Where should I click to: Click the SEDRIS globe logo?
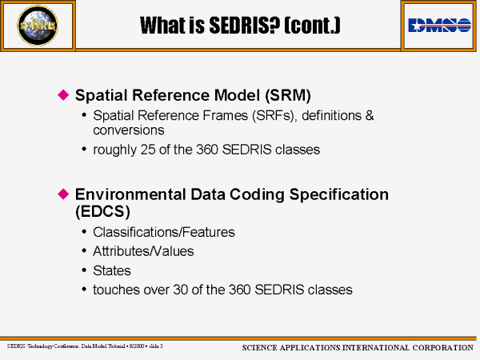tap(38, 26)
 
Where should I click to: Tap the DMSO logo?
tap(439, 25)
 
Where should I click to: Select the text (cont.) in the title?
tap(312, 25)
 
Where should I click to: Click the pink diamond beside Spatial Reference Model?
tap(63, 94)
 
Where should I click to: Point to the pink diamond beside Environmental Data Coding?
tap(63, 194)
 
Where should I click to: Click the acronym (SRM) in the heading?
tap(288, 95)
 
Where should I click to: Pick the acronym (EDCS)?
tap(102, 211)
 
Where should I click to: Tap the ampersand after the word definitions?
tap(370, 116)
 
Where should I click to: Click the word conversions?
tap(129, 130)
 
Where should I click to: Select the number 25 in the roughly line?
tap(148, 150)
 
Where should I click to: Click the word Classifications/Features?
tap(164, 232)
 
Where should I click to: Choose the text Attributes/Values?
tap(143, 251)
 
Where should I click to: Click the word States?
tap(112, 270)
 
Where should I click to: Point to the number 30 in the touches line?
tap(181, 290)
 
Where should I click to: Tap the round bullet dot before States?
tap(84, 270)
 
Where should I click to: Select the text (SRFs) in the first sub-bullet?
tap(274, 116)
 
